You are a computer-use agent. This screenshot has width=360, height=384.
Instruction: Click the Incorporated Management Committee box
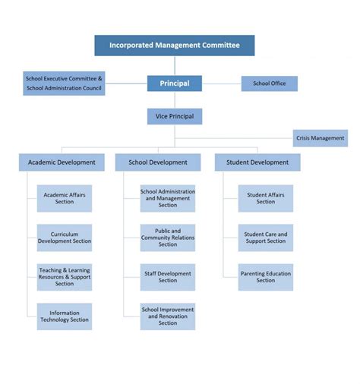click(174, 46)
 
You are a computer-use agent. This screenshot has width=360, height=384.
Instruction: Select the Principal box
click(174, 83)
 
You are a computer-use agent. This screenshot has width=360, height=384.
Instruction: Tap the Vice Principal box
click(174, 117)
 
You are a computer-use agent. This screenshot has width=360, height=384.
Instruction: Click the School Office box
click(269, 83)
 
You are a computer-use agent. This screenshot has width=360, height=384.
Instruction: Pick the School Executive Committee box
click(64, 83)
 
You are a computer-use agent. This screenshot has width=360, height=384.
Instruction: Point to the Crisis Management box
click(321, 138)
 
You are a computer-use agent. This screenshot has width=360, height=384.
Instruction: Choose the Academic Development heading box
click(62, 162)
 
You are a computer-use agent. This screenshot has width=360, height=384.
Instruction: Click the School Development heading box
click(158, 162)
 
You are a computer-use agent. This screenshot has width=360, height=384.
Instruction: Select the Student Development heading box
click(257, 162)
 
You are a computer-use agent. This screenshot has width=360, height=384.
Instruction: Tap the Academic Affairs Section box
click(65, 198)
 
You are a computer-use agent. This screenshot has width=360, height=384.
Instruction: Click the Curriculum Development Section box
click(65, 238)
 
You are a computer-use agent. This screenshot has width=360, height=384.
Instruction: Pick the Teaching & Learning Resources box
click(65, 277)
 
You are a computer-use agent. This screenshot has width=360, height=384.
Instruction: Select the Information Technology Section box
click(65, 316)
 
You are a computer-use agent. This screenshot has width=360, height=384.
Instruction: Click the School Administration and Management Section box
click(168, 198)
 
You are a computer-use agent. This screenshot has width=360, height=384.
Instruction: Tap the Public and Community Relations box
click(168, 238)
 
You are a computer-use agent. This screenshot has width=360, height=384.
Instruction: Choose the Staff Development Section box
click(168, 277)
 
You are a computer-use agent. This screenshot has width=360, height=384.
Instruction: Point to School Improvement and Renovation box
click(168, 316)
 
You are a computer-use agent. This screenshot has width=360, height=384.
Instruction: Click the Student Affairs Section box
click(266, 198)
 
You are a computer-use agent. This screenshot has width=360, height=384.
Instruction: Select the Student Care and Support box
click(266, 238)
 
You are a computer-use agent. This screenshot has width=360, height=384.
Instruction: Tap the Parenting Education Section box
click(266, 277)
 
